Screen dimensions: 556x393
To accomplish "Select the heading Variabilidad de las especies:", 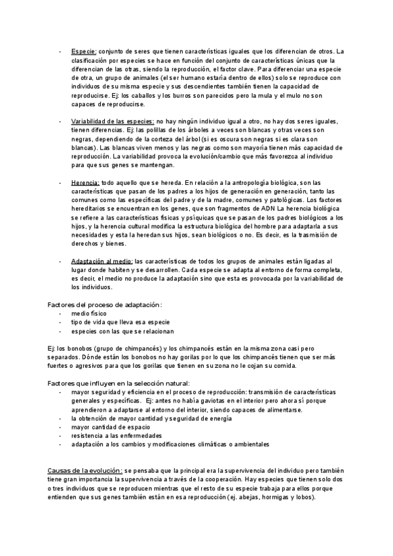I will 112,122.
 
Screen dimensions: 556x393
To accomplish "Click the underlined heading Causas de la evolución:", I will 84,471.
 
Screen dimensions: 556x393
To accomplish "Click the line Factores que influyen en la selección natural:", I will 120,383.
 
